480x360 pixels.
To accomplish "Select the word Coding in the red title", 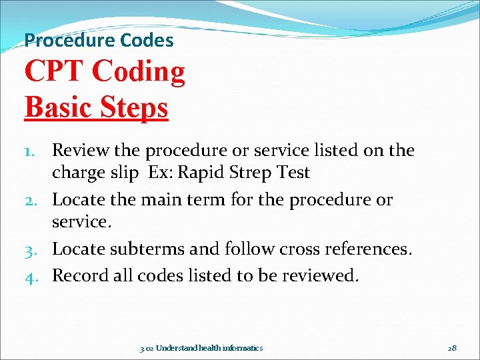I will [139, 72].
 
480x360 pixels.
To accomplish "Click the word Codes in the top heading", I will [147, 40].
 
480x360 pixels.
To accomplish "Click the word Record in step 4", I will [81, 275].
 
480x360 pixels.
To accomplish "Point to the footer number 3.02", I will [147, 348].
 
